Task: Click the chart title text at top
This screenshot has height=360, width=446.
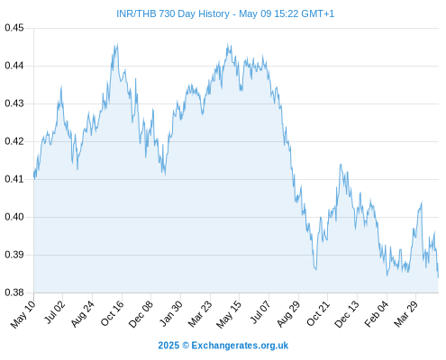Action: [225, 13]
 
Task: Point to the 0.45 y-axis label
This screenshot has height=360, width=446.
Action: [14, 28]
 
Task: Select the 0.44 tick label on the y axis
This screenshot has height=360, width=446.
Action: [14, 66]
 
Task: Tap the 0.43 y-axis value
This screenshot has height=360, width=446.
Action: [14, 103]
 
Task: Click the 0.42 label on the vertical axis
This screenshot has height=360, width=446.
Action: [14, 141]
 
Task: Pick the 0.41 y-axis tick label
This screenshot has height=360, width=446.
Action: [14, 179]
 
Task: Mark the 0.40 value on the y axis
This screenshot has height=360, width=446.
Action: [14, 217]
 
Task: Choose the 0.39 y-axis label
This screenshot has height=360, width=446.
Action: [14, 255]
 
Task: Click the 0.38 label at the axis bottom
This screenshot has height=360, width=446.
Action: [14, 292]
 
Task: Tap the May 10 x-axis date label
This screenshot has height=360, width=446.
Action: [23, 314]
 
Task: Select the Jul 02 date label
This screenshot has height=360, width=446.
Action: [55, 312]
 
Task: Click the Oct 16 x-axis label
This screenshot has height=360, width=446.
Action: [113, 313]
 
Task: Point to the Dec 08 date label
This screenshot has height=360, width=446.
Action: [141, 314]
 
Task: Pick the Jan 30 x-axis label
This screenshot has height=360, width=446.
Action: [171, 313]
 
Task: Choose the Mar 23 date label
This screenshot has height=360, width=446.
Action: [200, 314]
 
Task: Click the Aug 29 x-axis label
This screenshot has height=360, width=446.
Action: [288, 314]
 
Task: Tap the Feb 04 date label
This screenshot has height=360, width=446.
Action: [377, 313]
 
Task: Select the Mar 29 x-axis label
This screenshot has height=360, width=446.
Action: [405, 313]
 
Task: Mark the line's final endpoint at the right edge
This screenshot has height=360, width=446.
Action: [438, 277]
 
